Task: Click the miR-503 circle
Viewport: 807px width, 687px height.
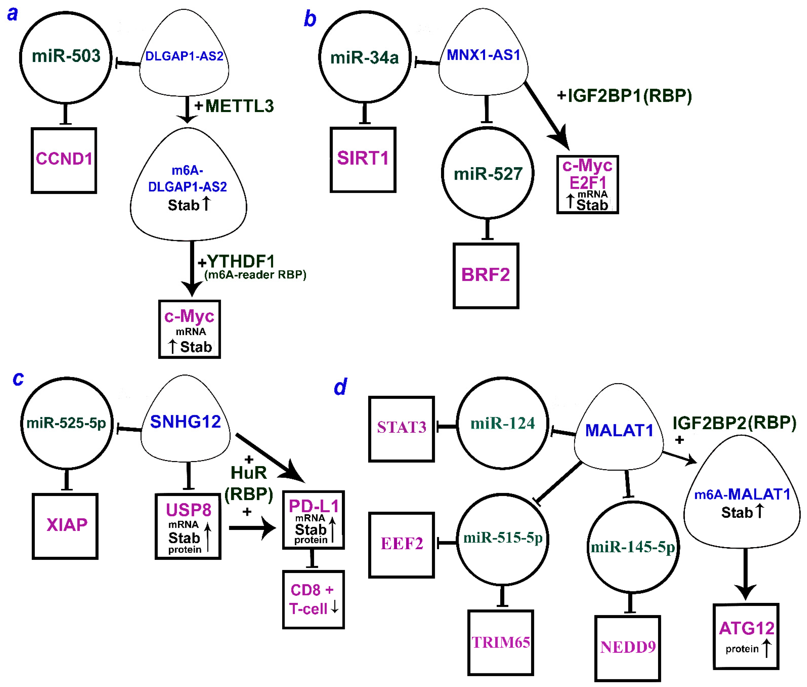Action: click(66, 57)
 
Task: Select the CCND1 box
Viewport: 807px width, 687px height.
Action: click(64, 160)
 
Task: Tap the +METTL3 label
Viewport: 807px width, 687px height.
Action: click(234, 106)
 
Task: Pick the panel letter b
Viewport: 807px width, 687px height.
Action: click(310, 19)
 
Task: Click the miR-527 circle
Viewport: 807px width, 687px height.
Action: click(488, 173)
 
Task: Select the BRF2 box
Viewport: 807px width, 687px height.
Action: click(486, 275)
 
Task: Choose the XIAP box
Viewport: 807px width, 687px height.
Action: click(65, 526)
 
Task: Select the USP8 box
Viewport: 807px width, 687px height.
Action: click(188, 526)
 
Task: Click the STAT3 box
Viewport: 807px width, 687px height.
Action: click(401, 428)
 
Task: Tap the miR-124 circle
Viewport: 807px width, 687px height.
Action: click(502, 423)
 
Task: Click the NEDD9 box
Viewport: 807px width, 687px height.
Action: click(627, 647)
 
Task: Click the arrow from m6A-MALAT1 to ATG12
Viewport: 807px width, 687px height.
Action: click(745, 573)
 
